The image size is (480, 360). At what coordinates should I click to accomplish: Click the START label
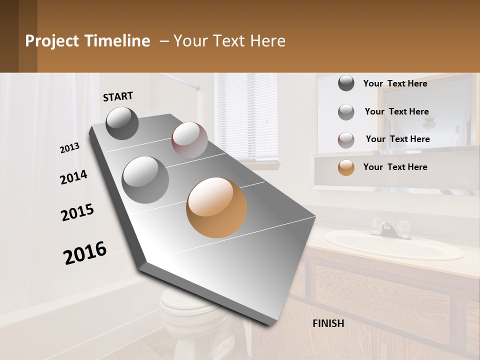tap(118, 96)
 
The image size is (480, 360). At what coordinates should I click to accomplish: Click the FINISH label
tap(328, 323)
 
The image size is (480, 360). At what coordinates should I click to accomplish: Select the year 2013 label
tap(69, 148)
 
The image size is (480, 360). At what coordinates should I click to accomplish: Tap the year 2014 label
tap(73, 177)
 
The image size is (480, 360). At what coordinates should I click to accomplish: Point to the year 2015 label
tap(77, 212)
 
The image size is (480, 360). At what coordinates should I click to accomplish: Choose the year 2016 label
tap(85, 253)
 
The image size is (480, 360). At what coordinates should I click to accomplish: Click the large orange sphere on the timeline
tap(216, 207)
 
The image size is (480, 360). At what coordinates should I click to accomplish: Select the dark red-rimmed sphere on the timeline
tap(189, 140)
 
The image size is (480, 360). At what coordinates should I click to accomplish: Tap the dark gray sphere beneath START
tap(122, 123)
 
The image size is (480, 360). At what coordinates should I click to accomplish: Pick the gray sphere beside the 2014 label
tap(145, 179)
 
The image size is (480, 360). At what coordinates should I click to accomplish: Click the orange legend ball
tap(346, 167)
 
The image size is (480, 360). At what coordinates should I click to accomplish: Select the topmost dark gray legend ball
tap(346, 83)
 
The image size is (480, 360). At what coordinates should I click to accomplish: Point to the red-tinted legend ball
tap(346, 140)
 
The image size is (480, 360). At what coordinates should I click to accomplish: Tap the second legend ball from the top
tap(346, 112)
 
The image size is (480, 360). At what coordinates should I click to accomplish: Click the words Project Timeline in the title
tap(87, 41)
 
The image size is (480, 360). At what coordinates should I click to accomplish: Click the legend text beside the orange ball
tap(395, 167)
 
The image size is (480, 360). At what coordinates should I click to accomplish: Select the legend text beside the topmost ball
tap(395, 83)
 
